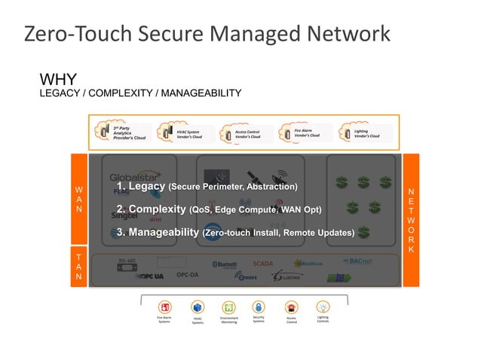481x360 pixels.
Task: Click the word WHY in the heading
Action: pos(57,79)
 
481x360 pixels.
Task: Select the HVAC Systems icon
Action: pos(198,307)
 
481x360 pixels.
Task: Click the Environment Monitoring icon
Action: pos(228,307)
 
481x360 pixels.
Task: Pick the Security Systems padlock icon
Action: pos(259,307)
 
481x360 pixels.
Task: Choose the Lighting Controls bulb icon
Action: pos(323,307)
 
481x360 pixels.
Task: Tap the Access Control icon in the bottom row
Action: pos(292,307)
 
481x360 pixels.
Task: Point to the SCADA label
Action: pos(263,264)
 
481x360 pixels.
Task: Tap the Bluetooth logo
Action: pos(225,264)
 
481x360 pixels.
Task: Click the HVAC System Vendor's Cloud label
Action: pos(189,134)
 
